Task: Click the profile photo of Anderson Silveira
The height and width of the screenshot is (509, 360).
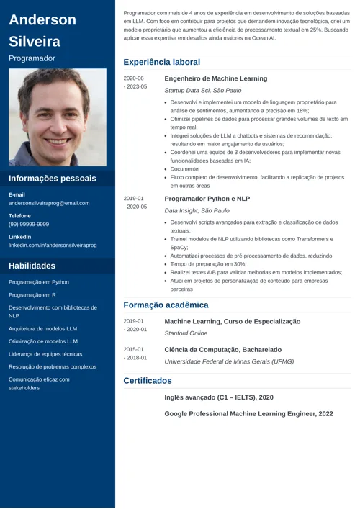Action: pos(58,117)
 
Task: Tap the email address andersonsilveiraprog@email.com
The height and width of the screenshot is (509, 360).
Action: pos(49,204)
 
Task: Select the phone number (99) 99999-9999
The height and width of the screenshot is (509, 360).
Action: pos(29,225)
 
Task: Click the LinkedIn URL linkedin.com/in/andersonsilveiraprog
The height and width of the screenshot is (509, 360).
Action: pos(53,246)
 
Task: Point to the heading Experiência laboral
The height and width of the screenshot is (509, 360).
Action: pos(162,63)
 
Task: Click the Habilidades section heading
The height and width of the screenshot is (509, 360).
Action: pos(32,266)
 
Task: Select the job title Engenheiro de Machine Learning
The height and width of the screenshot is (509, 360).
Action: pos(215,78)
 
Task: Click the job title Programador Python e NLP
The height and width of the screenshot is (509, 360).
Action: pos(207,199)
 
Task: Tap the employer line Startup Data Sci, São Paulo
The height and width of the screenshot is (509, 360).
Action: pos(203,91)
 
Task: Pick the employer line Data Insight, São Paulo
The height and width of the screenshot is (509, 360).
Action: pos(197,211)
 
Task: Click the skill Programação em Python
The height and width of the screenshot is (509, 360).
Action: pos(39,282)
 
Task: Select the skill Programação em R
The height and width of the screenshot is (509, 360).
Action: pos(32,295)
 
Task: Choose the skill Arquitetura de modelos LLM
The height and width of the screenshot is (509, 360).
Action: pos(42,328)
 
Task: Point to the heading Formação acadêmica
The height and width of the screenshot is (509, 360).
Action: pos(166,305)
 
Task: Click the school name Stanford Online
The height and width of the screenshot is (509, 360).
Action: pos(186,333)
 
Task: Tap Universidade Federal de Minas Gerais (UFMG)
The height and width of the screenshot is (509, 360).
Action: pos(229,361)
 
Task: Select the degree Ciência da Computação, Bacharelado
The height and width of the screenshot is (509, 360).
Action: pos(222,350)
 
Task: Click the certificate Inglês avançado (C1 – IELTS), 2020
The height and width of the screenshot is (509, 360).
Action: pos(219,397)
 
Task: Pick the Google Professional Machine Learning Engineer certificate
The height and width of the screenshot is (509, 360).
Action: pos(248,414)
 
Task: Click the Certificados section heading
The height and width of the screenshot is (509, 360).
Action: pos(148,380)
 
